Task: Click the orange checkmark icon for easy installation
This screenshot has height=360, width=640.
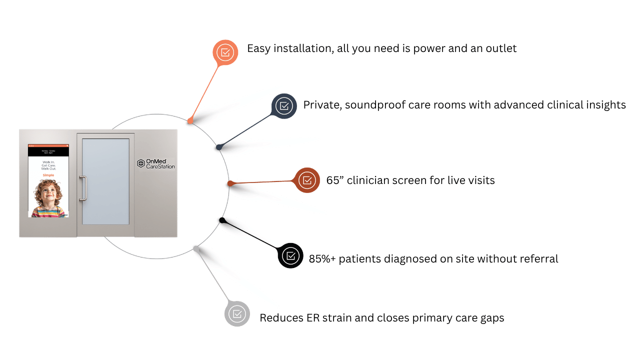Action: click(x=225, y=52)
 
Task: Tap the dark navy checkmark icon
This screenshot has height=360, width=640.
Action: click(x=284, y=106)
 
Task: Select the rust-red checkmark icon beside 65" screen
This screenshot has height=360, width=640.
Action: click(x=307, y=180)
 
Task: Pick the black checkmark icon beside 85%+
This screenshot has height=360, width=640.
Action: click(x=290, y=255)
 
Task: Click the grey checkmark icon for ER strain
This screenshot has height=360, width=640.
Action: click(x=237, y=314)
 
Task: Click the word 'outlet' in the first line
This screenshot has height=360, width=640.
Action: click(x=500, y=48)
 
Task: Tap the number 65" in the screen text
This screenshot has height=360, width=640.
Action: click(x=333, y=180)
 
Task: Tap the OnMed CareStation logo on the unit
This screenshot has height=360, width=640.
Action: click(x=156, y=163)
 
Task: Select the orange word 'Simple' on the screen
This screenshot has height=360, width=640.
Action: click(x=48, y=175)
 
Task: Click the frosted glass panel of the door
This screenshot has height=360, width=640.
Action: click(x=105, y=181)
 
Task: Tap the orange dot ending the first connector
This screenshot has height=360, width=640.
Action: click(x=190, y=120)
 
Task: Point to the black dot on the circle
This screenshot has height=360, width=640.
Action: click(x=222, y=220)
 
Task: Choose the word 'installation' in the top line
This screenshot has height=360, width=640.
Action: click(x=306, y=48)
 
